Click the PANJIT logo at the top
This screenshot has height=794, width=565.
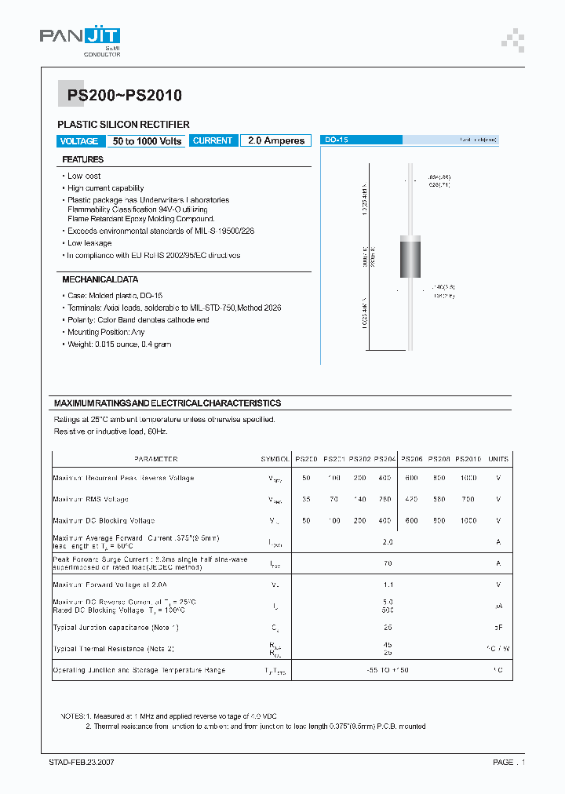(79, 37)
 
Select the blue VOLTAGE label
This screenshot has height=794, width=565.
(79, 141)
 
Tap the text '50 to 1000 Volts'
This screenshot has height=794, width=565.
(147, 141)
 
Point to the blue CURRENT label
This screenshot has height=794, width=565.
(213, 140)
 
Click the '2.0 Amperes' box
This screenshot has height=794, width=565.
(275, 140)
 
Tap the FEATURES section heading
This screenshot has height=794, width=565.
(83, 160)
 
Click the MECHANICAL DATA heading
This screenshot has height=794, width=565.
(100, 279)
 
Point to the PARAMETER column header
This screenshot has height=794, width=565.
(155, 459)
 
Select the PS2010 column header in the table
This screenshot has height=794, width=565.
(468, 459)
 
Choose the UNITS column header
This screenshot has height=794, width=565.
(498, 459)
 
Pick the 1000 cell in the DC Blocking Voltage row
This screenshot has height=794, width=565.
(468, 520)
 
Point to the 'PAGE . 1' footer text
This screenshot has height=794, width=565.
(508, 762)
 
